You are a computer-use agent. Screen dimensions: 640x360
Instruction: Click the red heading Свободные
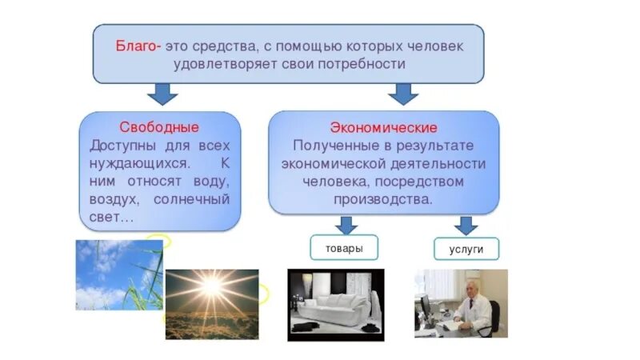[x=159, y=128]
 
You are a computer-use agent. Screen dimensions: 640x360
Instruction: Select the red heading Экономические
[x=383, y=128]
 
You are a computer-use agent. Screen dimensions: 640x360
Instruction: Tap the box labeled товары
[x=344, y=248]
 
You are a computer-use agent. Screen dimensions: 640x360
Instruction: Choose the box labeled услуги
[x=466, y=250]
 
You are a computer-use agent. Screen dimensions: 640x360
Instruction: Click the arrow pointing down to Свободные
[x=165, y=94]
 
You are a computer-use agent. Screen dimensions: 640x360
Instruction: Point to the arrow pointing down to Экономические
[x=402, y=94]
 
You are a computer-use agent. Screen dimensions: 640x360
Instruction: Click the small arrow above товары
[x=345, y=224]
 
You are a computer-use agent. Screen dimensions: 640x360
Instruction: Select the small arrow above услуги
[x=466, y=225]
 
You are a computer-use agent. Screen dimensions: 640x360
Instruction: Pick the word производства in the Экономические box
[x=384, y=199]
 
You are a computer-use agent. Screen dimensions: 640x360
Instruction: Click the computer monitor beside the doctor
[x=426, y=306]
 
